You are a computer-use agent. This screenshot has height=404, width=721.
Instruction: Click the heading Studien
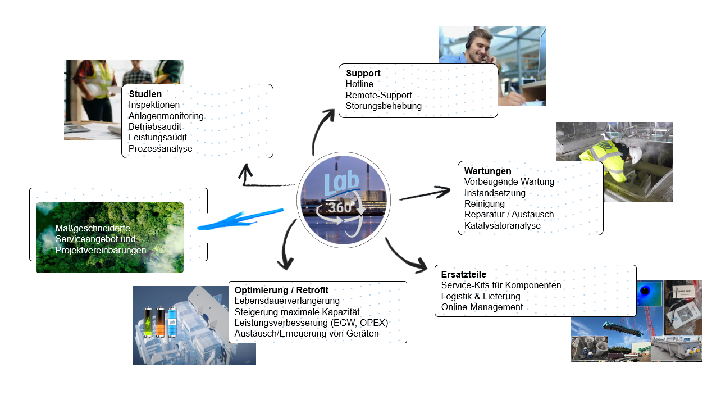pyautogui.click(x=145, y=94)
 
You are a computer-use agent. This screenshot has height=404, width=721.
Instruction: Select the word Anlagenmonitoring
pyautogui.click(x=166, y=116)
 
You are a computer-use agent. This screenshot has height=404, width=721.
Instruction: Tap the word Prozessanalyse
pyautogui.click(x=160, y=148)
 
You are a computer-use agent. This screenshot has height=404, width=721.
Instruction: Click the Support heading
pyautogui.click(x=363, y=73)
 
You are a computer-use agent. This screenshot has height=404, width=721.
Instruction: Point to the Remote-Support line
pyautogui.click(x=378, y=95)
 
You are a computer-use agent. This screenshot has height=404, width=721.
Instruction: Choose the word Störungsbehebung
pyautogui.click(x=384, y=106)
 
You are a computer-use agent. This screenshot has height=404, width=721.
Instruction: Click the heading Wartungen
pyautogui.click(x=487, y=171)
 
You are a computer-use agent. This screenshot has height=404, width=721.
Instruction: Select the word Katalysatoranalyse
pyautogui.click(x=502, y=225)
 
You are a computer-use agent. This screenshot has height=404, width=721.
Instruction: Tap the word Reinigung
pyautogui.click(x=485, y=203)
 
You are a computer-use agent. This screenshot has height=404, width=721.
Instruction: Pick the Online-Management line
pyautogui.click(x=482, y=307)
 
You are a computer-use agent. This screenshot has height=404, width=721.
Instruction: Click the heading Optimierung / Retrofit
pyautogui.click(x=281, y=290)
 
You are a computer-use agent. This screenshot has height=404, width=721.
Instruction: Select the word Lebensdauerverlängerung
pyautogui.click(x=287, y=301)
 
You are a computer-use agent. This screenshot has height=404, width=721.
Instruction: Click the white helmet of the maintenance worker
pyautogui.click(x=635, y=153)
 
